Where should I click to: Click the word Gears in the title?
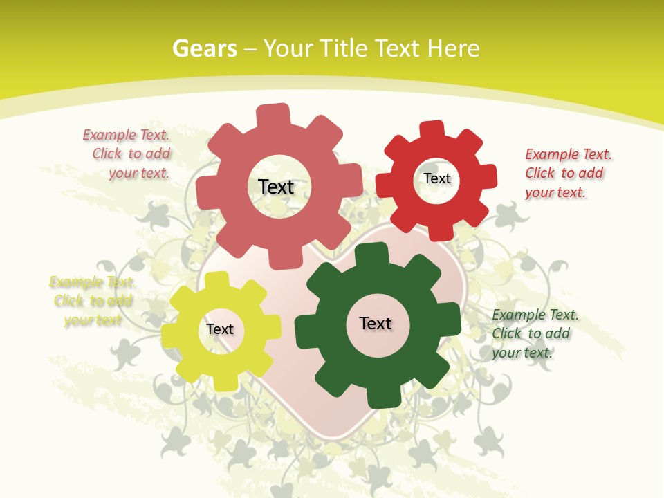(204, 48)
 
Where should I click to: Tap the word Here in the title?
(453, 48)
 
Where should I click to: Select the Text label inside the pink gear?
(276, 187)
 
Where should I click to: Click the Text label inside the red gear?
(436, 178)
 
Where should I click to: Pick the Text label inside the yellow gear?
(220, 329)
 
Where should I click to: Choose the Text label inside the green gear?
(376, 323)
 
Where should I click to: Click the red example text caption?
(567, 173)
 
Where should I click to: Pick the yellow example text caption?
(92, 301)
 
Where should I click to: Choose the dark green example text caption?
(534, 333)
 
